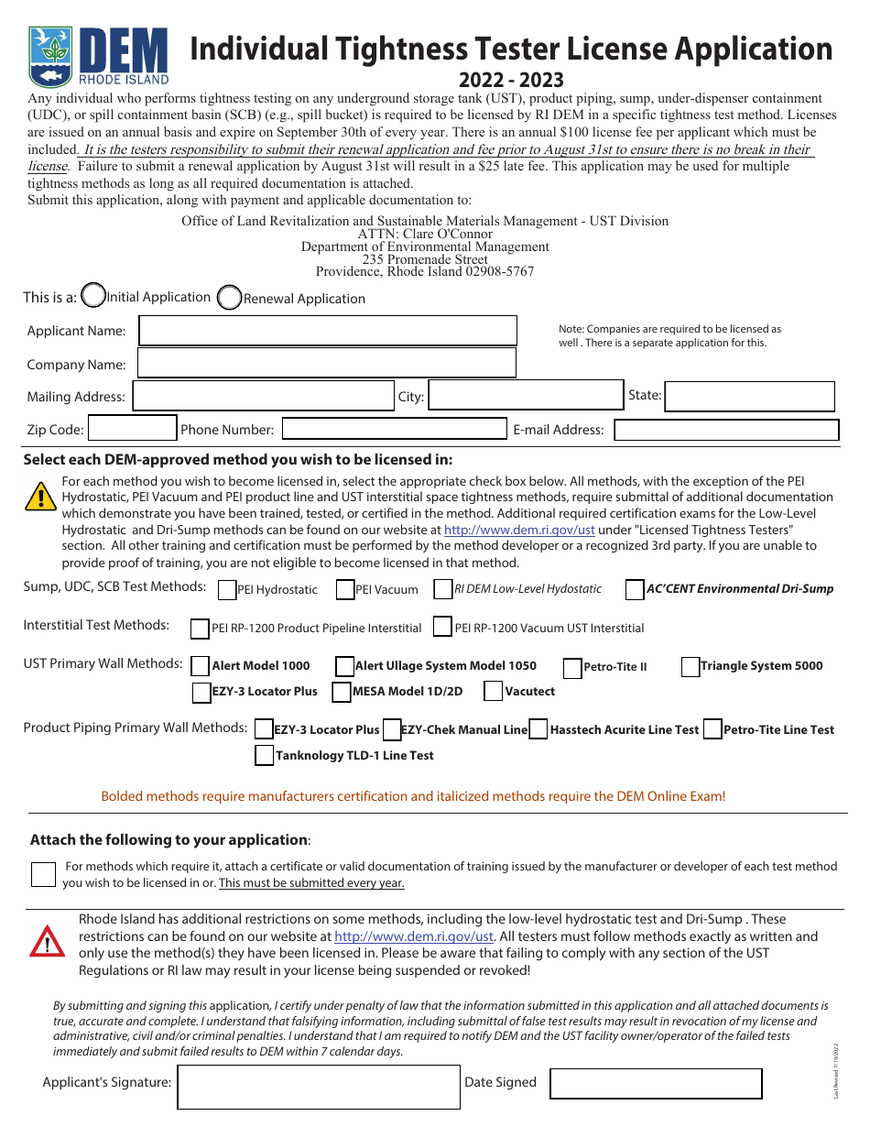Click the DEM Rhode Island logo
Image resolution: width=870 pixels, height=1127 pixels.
coord(98,56)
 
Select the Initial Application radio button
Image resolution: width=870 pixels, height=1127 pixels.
coord(93,295)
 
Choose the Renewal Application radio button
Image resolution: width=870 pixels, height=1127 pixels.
coord(230,298)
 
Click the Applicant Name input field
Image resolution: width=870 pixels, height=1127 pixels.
coord(327,331)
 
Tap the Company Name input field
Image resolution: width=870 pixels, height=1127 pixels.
coord(326,363)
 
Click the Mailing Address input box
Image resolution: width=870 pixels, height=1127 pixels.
coord(264,396)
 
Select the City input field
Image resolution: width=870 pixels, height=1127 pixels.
coord(526,396)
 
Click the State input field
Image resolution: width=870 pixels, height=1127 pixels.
coord(749,396)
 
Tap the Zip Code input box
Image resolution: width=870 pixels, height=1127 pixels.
coord(132,428)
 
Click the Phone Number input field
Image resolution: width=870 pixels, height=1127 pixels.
coord(394,428)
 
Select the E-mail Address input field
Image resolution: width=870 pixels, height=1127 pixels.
coord(726,430)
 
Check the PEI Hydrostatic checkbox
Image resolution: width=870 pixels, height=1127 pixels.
coord(227,590)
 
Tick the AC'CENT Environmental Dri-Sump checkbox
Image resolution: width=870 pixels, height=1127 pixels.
coord(635,590)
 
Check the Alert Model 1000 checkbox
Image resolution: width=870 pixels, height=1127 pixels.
coord(201,666)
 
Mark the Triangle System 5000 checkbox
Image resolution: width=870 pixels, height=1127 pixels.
coord(691,667)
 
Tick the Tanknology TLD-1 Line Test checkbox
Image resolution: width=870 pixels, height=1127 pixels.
coord(264,756)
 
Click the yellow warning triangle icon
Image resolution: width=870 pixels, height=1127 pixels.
coord(41,496)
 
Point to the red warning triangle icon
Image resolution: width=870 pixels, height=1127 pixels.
coord(47,941)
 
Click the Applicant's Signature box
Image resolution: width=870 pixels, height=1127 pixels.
coord(319,1087)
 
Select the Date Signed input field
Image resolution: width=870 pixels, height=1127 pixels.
coord(656,1083)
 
